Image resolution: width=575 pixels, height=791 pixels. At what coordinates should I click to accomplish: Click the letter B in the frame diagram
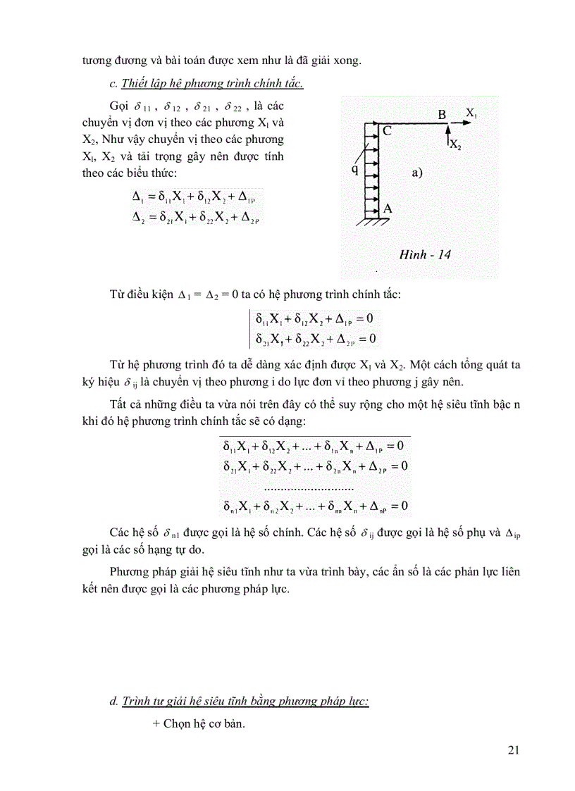pyautogui.click(x=442, y=114)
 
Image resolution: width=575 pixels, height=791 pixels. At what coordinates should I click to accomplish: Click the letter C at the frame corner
pyautogui.click(x=387, y=130)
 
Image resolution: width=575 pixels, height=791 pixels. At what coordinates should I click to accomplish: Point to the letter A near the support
pyautogui.click(x=387, y=208)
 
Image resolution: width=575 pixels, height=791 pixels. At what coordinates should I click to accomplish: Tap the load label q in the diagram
pyautogui.click(x=355, y=170)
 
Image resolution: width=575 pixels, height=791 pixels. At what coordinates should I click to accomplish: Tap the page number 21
pyautogui.click(x=513, y=749)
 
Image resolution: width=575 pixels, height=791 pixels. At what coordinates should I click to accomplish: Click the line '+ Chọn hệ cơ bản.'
pyautogui.click(x=198, y=723)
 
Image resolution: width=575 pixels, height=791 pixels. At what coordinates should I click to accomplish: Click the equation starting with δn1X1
pyautogui.click(x=316, y=506)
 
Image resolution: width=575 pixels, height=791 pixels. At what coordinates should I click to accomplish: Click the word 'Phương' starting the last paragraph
pyautogui.click(x=133, y=571)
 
